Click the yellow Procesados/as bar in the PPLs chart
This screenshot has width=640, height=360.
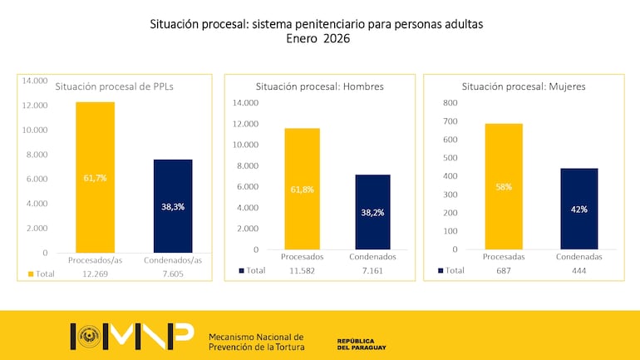tap(96, 177)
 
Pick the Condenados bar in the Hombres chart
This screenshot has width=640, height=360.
tap(372, 212)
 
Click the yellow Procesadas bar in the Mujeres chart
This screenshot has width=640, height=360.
tap(505, 186)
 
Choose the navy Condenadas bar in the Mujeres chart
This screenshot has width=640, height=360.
tap(578, 209)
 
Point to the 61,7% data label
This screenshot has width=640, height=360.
tap(96, 178)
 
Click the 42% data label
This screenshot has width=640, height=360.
tap(578, 210)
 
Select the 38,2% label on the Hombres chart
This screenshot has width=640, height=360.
tap(372, 213)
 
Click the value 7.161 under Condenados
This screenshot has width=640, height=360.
tap(372, 270)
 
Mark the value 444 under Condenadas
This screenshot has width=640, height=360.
tap(578, 270)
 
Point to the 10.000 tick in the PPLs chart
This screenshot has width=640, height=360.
tap(35, 130)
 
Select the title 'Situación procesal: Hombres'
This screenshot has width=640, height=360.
tap(320, 86)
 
